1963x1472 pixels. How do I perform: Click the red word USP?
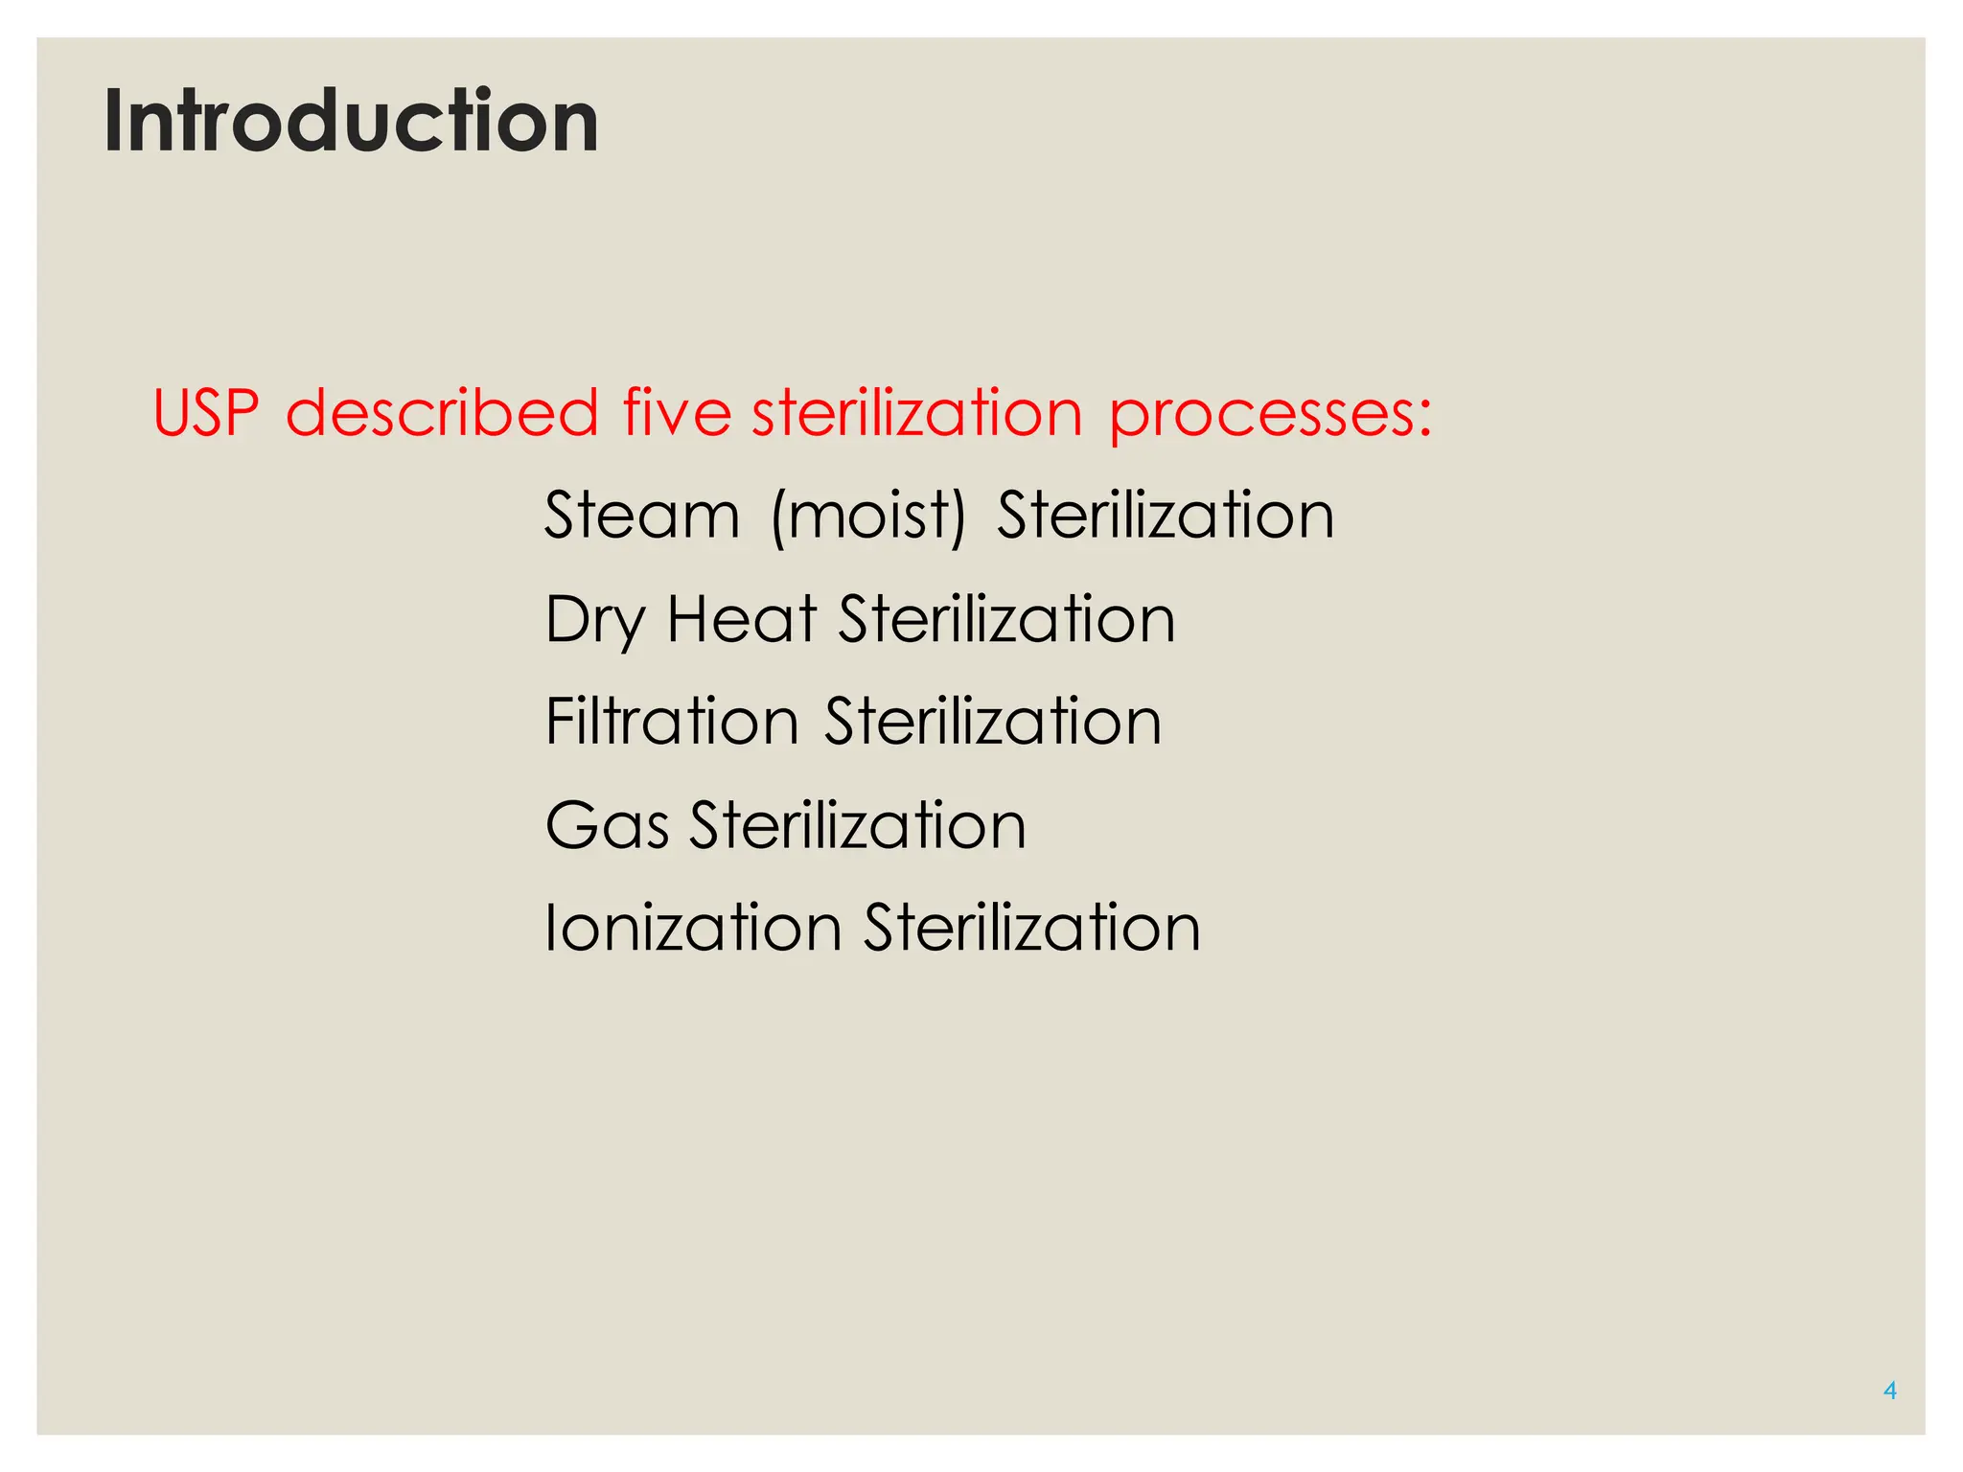206,413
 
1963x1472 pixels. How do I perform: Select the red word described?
442,413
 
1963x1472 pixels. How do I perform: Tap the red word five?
677,413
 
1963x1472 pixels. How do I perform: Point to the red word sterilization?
917,413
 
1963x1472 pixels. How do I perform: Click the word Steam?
642,516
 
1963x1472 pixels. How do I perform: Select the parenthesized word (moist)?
868,517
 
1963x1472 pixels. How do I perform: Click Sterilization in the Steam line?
1166,516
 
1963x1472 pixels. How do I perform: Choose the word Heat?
741,619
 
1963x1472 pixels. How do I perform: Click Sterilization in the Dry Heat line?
1006,619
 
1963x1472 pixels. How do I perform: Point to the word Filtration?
671,722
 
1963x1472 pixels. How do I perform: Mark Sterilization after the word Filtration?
993,722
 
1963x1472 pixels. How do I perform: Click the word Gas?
606,825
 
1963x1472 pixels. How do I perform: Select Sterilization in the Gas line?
858,825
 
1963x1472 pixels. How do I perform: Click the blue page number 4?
1889,1391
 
